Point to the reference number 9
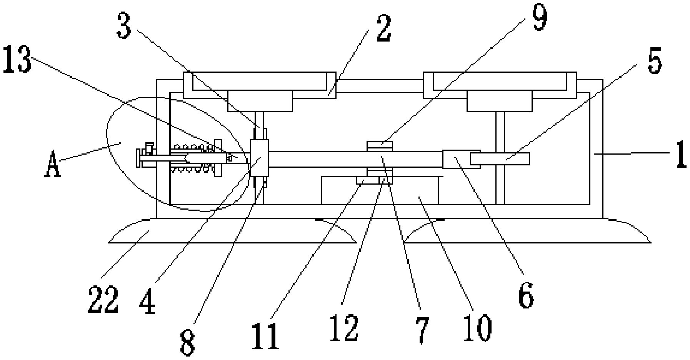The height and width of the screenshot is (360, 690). click(x=540, y=17)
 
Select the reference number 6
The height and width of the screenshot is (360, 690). click(x=526, y=295)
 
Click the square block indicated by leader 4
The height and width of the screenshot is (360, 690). click(x=259, y=158)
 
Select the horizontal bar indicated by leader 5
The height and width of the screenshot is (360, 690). click(x=500, y=158)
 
